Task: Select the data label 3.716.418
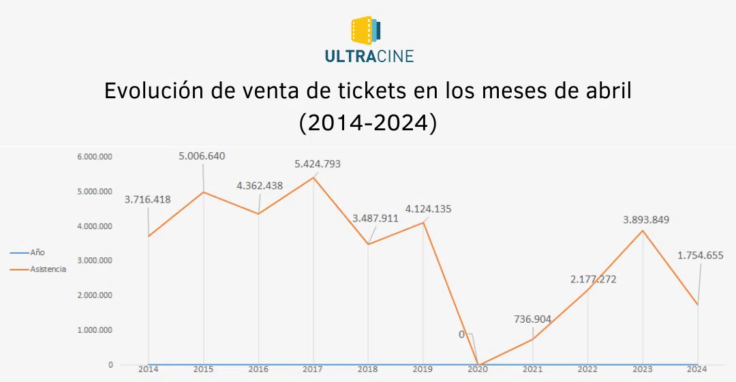(147, 199)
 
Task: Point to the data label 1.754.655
(700, 255)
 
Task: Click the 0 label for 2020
(461, 334)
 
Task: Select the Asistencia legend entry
(48, 269)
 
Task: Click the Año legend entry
(37, 252)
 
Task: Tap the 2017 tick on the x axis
(313, 369)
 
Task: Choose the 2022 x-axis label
(587, 369)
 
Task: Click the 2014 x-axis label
(148, 369)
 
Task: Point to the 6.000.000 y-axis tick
(94, 156)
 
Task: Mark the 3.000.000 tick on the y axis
(94, 261)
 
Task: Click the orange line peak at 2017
(313, 177)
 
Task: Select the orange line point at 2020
(478, 365)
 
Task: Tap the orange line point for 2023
(643, 231)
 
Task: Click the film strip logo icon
(366, 31)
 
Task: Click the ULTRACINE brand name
(369, 57)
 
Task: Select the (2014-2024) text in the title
(368, 123)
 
